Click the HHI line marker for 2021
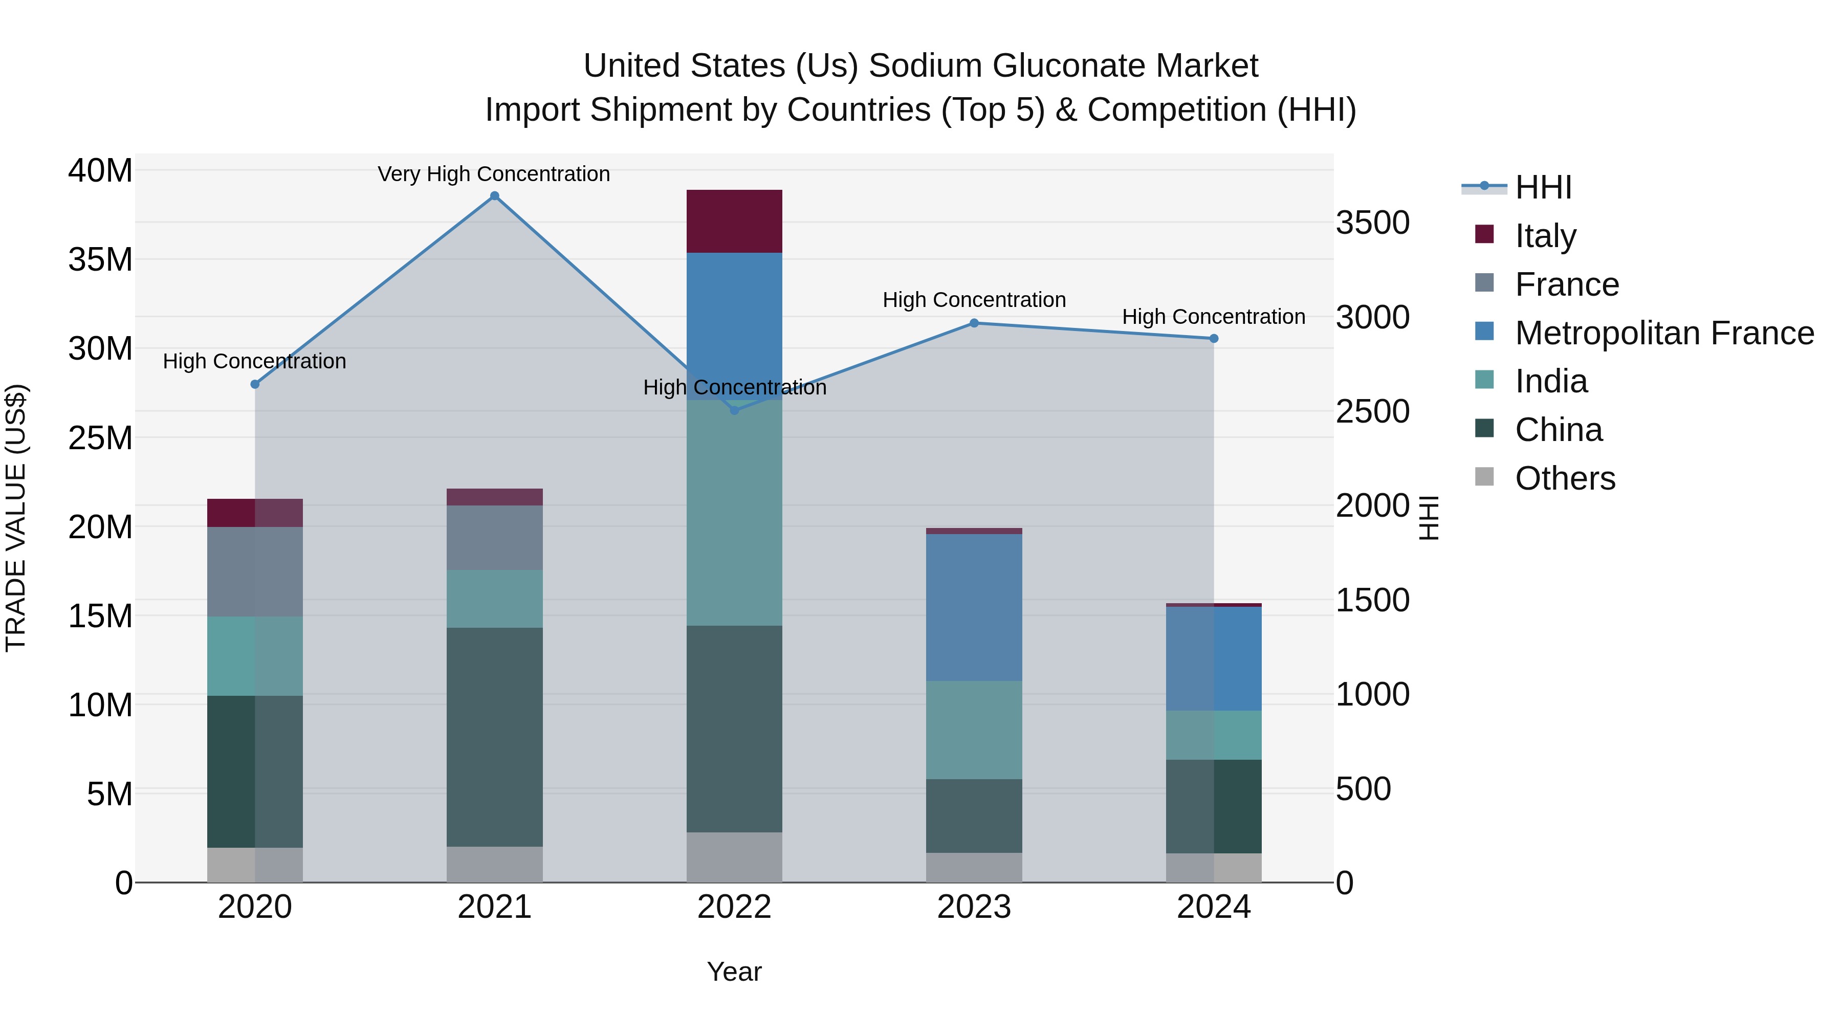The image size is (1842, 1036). coord(494,196)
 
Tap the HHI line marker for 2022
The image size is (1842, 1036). coord(734,410)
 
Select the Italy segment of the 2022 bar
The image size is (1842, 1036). coord(734,221)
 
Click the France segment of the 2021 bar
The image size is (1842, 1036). coord(494,538)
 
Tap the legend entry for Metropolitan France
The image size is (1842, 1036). coord(1663,333)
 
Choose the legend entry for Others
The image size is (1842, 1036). coord(1565,478)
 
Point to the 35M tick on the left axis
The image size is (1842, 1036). coord(100,259)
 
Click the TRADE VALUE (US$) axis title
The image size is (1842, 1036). coord(16,518)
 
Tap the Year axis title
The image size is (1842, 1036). coord(734,972)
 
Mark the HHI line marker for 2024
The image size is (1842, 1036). coord(1214,339)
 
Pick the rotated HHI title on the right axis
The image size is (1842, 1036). coord(1428,518)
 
